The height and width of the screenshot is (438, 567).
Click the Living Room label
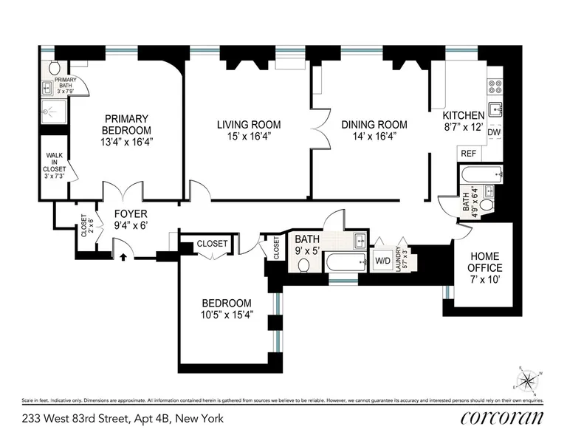pos(248,125)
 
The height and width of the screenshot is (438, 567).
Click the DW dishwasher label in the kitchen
pos(494,132)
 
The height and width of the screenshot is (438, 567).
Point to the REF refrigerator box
pos(468,154)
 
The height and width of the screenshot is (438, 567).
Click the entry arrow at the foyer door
pos(123,256)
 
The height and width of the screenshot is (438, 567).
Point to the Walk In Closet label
pos(55,166)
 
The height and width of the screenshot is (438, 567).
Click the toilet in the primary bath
pos(55,68)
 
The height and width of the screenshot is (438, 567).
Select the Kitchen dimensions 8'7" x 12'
pos(463,127)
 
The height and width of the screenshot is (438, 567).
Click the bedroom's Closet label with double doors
pos(213,243)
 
